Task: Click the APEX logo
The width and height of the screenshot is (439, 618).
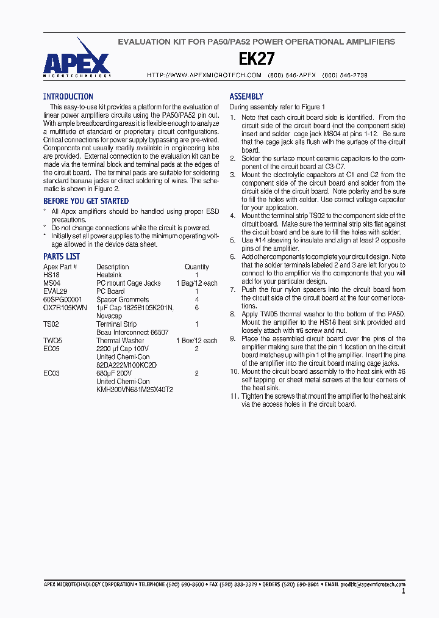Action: [76, 58]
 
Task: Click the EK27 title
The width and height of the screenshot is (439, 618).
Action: [256, 59]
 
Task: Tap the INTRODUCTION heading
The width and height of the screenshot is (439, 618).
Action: [68, 96]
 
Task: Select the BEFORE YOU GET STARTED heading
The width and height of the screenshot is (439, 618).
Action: [86, 201]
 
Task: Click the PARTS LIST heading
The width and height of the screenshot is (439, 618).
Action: [62, 256]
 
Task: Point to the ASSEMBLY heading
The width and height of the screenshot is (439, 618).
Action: [246, 96]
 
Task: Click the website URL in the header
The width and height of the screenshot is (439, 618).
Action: [204, 75]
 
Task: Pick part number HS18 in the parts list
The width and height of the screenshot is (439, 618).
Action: [51, 275]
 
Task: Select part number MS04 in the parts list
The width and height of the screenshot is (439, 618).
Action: [52, 283]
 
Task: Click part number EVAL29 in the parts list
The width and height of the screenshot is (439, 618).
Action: [55, 291]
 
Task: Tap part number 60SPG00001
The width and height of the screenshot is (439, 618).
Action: [62, 300]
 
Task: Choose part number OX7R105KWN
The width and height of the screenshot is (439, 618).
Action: [65, 308]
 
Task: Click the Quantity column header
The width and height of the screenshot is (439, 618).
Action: [197, 267]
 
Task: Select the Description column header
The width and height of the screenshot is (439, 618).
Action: [113, 267]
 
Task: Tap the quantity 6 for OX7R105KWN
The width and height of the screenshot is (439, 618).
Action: [197, 308]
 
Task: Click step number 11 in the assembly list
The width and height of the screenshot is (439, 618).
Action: [234, 396]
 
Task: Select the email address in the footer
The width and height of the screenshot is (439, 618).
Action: [373, 584]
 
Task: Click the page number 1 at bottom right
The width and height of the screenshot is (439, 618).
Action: [404, 591]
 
